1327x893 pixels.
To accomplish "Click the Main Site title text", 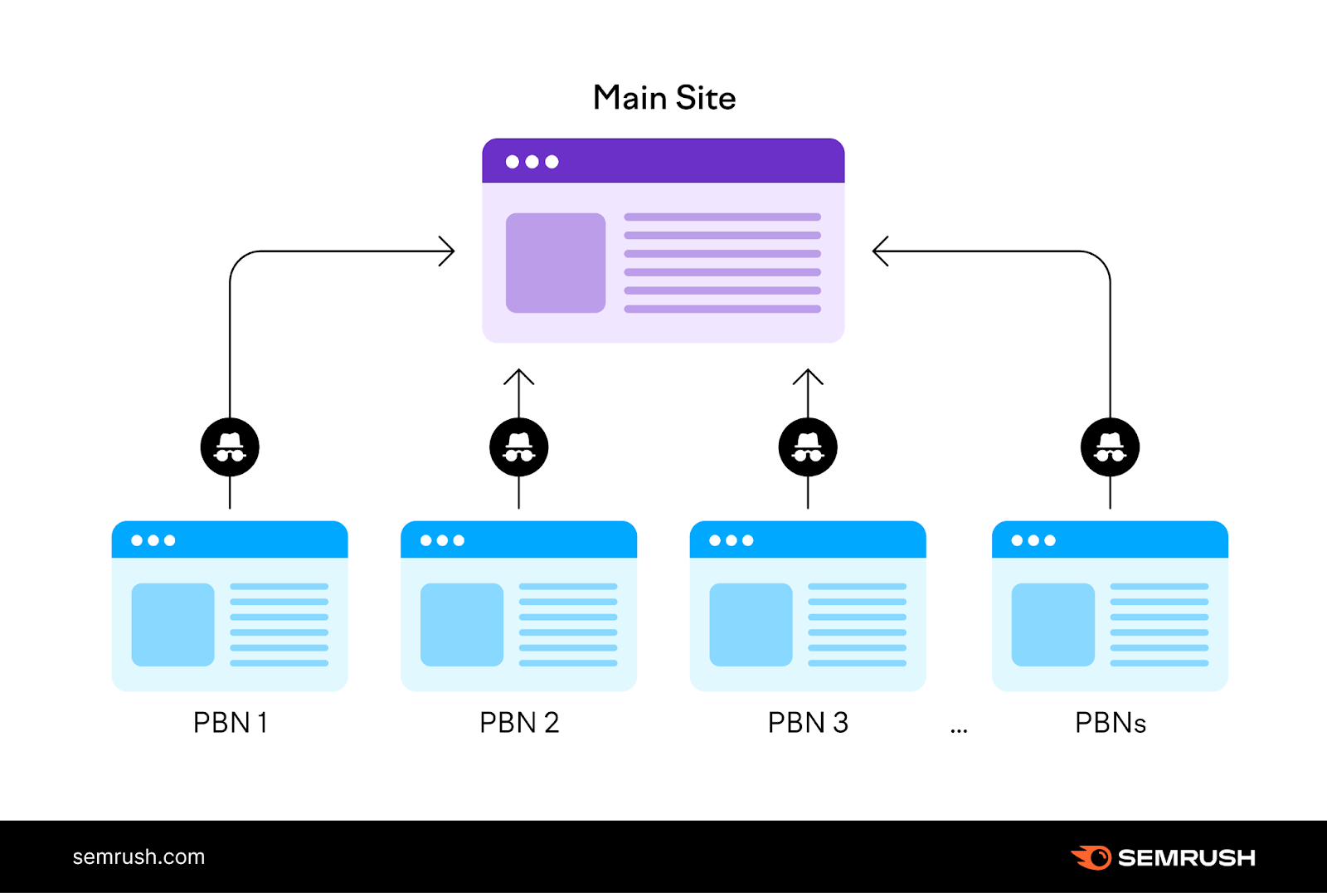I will click(664, 98).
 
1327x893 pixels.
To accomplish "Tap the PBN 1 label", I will click(230, 723).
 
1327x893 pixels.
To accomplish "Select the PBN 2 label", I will click(519, 723).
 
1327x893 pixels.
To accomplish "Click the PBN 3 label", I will click(808, 723).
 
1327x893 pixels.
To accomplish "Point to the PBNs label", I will click(1110, 723).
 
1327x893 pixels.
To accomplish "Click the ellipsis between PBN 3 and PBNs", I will click(959, 731).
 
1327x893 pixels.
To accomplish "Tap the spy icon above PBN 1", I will click(230, 447).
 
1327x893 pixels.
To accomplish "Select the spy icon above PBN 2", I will click(519, 447).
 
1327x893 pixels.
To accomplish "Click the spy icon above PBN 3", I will click(808, 447).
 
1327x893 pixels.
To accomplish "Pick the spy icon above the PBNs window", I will click(1110, 447).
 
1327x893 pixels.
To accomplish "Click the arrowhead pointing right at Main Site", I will click(448, 251).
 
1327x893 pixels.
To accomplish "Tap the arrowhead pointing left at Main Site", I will click(880, 251).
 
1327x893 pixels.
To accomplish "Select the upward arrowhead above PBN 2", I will click(519, 377).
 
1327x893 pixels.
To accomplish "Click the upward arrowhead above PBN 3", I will click(808, 377).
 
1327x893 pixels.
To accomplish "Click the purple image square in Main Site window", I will click(556, 263).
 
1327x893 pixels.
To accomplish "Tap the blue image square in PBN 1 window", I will click(173, 625).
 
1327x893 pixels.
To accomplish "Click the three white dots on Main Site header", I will click(532, 162).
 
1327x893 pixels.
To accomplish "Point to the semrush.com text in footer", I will click(139, 857).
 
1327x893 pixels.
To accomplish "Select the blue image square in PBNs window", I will click(1052, 625).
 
